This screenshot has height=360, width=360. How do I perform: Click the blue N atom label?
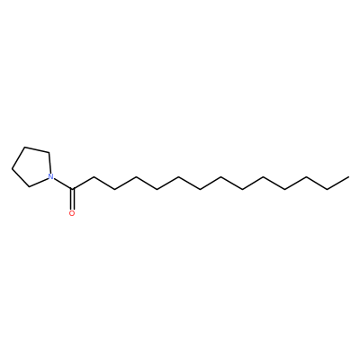pyautogui.click(x=51, y=177)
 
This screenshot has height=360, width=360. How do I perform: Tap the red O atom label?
pyautogui.click(x=72, y=213)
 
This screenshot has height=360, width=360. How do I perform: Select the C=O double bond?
pyautogui.click(x=72, y=199)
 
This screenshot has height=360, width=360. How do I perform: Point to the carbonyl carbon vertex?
pyautogui.click(x=72, y=189)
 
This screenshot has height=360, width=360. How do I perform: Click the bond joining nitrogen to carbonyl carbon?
pyautogui.click(x=63, y=184)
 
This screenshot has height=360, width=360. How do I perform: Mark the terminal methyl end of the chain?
pyautogui.click(x=348, y=177)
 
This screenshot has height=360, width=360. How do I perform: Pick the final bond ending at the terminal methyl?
pyautogui.click(x=338, y=183)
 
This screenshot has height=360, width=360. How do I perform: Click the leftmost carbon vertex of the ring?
pyautogui.click(x=12, y=169)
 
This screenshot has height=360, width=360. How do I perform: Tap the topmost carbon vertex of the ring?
pyautogui.click(x=25, y=147)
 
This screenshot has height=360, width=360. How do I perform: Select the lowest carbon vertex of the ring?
pyautogui.click(x=29, y=187)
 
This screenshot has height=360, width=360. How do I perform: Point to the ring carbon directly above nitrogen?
pyautogui.click(x=49, y=152)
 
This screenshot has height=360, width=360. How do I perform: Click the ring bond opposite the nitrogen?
pyautogui.click(x=19, y=158)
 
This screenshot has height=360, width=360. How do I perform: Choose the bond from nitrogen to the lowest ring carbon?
pyautogui.click(x=39, y=183)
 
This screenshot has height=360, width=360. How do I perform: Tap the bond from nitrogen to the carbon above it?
pyautogui.click(x=49, y=163)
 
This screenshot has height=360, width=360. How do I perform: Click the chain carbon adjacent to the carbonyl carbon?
pyautogui.click(x=93, y=177)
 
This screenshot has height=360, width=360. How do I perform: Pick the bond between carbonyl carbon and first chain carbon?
pyautogui.click(x=83, y=183)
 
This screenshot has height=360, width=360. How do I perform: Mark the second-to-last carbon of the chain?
pyautogui.click(x=328, y=189)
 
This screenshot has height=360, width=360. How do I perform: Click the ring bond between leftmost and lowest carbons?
pyautogui.click(x=21, y=178)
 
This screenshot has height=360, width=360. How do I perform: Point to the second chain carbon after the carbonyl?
pyautogui.click(x=114, y=189)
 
